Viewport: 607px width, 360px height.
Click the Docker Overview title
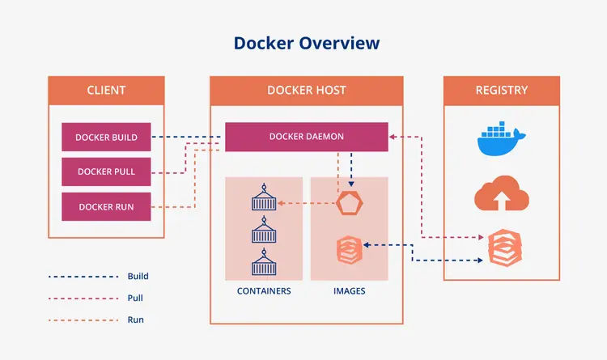tap(307, 43)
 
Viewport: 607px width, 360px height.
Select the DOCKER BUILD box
tap(106, 138)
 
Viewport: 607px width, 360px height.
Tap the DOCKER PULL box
tap(106, 172)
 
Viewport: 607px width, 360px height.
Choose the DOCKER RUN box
tap(106, 206)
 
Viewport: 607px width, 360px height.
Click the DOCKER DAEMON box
tap(306, 137)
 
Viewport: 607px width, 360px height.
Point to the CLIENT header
tap(106, 90)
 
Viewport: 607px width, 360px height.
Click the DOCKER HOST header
tap(306, 90)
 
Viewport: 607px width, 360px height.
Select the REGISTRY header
tap(501, 90)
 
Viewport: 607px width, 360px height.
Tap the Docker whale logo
tap(501, 139)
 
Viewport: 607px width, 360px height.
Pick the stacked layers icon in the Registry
tap(501, 248)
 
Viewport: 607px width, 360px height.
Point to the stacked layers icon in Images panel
tap(349, 248)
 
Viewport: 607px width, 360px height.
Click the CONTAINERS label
tap(264, 291)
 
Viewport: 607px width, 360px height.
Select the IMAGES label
tap(349, 291)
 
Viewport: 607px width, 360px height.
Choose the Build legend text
tap(138, 277)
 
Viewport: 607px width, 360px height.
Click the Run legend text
tap(136, 320)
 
